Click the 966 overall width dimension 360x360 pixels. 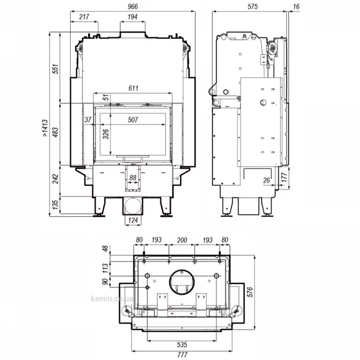point(133,7)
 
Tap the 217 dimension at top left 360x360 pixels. point(84,17)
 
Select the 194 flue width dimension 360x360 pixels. point(132,17)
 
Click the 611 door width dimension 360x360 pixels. point(133,88)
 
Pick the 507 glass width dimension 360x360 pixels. point(133,120)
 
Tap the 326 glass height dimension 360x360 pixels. point(106,134)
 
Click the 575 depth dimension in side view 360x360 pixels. point(253,7)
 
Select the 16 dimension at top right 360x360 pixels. point(296,7)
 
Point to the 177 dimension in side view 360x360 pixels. point(284,178)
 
